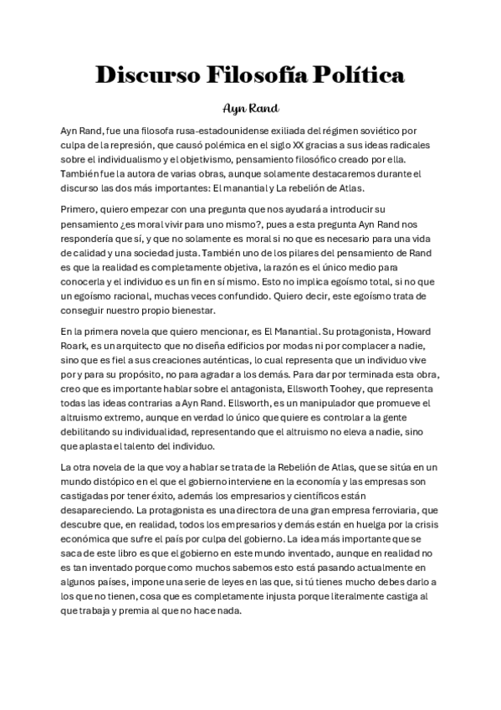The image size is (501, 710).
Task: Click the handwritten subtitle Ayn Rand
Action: tap(250, 108)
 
